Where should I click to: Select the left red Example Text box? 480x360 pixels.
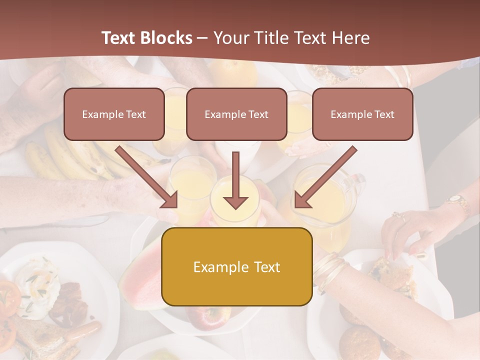tap(114, 114)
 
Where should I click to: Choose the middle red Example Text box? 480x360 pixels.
tap(236, 114)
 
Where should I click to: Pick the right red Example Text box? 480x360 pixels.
tap(362, 114)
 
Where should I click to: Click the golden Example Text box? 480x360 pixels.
tap(236, 266)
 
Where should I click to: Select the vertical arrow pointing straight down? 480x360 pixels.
tap(235, 180)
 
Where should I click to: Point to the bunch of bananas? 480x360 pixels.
tap(75, 155)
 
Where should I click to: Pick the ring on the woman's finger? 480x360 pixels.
tap(398, 216)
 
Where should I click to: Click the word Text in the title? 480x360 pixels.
tap(119, 38)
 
